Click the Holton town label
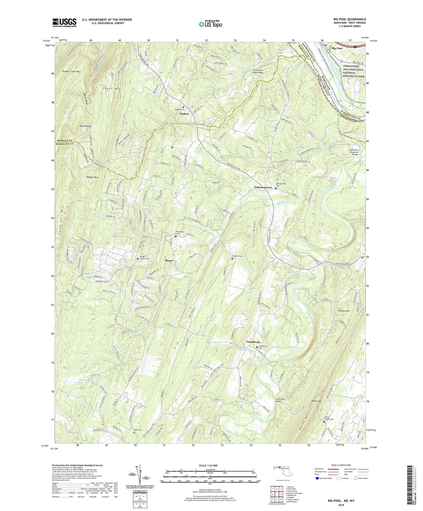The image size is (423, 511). (x=184, y=114)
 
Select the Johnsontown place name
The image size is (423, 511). (x=263, y=187)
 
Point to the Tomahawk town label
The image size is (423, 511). (x=253, y=342)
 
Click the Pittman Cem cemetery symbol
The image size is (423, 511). (x=232, y=258)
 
